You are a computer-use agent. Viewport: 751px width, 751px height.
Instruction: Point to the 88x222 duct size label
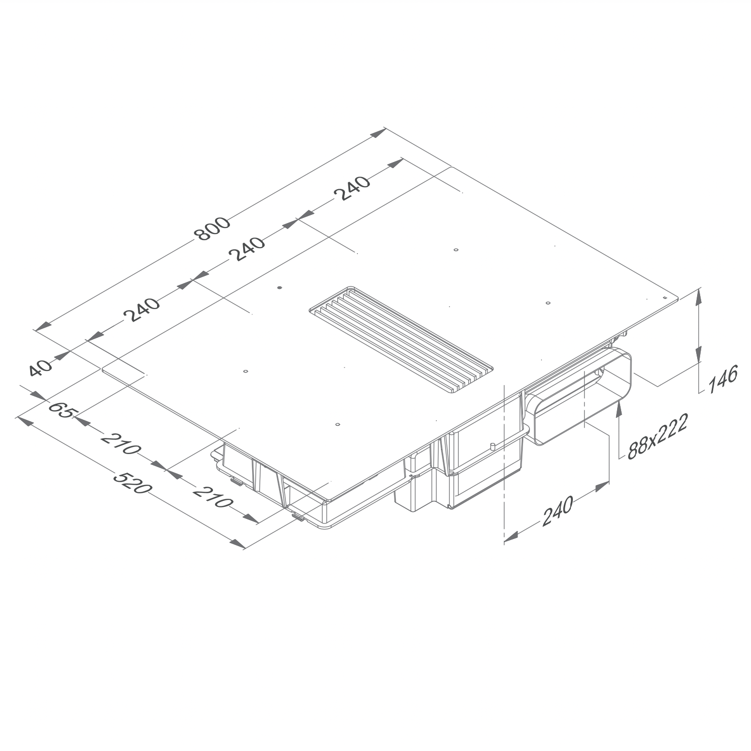point(657,437)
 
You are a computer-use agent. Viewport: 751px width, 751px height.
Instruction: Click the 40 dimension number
point(40,368)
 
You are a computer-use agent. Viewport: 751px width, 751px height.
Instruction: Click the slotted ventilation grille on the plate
point(400,340)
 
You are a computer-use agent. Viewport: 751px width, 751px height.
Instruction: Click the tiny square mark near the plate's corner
point(664,297)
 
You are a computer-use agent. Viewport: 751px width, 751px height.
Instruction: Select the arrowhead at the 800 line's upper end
point(379,132)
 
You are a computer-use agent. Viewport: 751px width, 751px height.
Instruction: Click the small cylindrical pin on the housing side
point(490,447)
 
